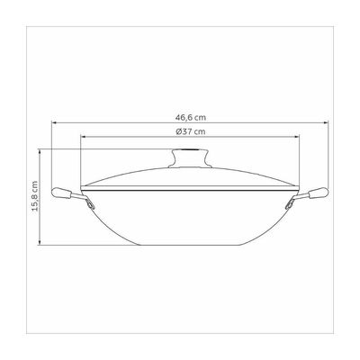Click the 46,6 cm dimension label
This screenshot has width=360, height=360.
pos(191,117)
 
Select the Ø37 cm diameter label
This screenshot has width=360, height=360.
pos(191,131)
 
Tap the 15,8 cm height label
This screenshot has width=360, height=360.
pos(35,196)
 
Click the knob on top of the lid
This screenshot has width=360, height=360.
pos(190,158)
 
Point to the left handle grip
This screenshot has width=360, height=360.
pos(61,193)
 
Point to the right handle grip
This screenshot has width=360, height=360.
pos(319,193)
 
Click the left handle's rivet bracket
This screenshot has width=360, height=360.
pos(90,204)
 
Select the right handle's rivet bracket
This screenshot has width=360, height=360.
pos(290,204)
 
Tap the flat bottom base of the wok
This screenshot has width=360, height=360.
pos(190,245)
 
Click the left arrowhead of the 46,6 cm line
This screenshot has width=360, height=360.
pos(54,122)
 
